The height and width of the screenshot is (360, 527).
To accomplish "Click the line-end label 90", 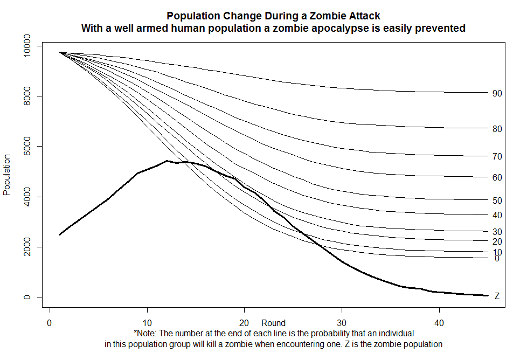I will pyautogui.click(x=497, y=93).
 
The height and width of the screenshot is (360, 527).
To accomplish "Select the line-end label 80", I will pyautogui.click(x=497, y=129).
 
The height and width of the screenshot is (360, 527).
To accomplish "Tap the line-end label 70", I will pyautogui.click(x=497, y=156).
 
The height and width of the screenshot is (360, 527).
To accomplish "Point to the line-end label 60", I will pyautogui.click(x=497, y=177).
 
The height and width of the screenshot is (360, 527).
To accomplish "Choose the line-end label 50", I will pyautogui.click(x=497, y=200).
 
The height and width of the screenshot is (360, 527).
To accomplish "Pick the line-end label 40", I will pyautogui.click(x=497, y=215).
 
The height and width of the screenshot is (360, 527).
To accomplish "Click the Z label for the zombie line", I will pyautogui.click(x=497, y=296).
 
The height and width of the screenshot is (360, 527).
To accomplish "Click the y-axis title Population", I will pyautogui.click(x=8, y=175).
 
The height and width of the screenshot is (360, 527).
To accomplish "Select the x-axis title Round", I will pyautogui.click(x=273, y=323).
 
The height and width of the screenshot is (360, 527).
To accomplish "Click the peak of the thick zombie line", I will pyautogui.click(x=167, y=161).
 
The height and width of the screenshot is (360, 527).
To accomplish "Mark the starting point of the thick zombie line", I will pyautogui.click(x=60, y=234).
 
